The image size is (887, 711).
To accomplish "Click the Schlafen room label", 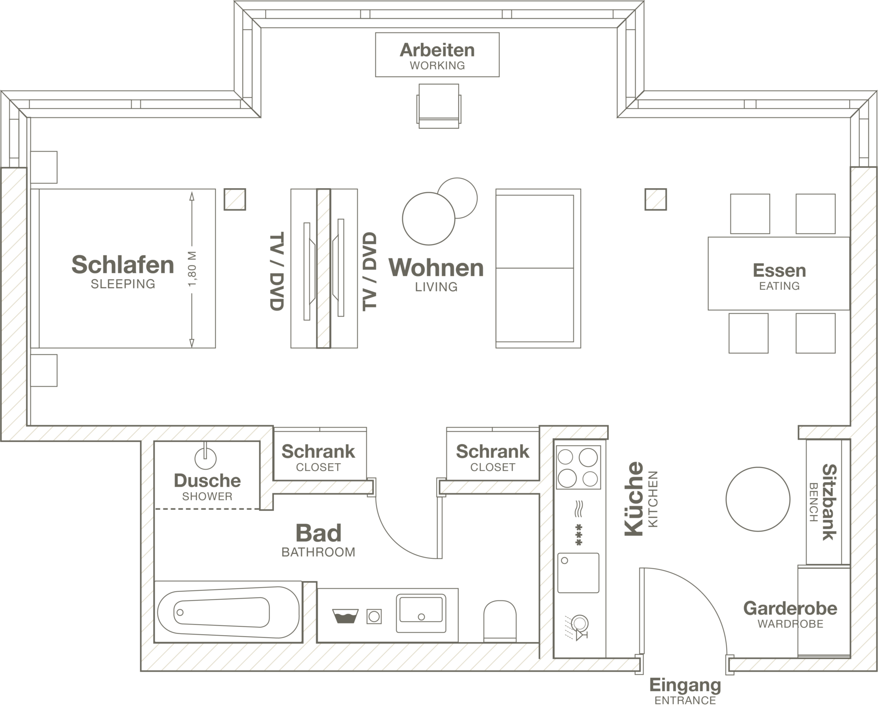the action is tap(123, 271).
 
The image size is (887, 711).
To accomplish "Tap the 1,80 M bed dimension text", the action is tap(193, 269).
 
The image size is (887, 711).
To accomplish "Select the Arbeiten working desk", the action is tap(437, 55).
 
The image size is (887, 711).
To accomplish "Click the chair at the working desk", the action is tap(439, 106).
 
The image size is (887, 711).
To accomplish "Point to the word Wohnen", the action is tap(436, 268).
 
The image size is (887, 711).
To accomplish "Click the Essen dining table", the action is tap(779, 273).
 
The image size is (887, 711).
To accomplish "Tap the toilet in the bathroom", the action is tap(500, 621).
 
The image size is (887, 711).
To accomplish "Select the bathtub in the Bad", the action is tap(228, 612).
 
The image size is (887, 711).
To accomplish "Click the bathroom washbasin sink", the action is tap(421, 613).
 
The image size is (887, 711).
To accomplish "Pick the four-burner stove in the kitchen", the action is tap(578, 467).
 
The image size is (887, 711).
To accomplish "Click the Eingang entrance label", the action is tap(685, 691).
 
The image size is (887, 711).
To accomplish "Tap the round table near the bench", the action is tap(758, 499).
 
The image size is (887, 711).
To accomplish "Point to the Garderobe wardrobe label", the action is tap(790, 614).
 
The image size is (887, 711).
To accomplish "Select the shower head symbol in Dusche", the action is tap(206, 457).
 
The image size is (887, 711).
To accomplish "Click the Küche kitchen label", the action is tap(641, 499).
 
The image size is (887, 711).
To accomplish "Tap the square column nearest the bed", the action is tap(235, 199).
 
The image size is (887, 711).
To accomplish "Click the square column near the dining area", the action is tap(656, 199).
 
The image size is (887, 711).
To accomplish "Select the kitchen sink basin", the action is tap(578, 573).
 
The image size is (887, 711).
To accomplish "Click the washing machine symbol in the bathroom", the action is tap(374, 616).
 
